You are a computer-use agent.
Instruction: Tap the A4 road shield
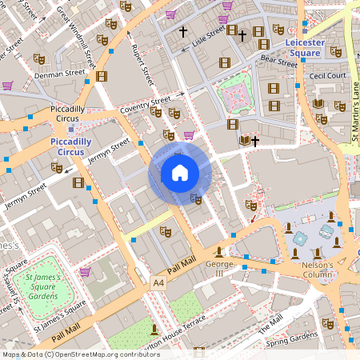click(158, 282)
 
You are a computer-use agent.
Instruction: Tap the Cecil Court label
click(329, 76)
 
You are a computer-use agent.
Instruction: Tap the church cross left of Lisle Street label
click(183, 32)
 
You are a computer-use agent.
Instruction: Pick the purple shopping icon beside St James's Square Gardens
click(84, 272)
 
